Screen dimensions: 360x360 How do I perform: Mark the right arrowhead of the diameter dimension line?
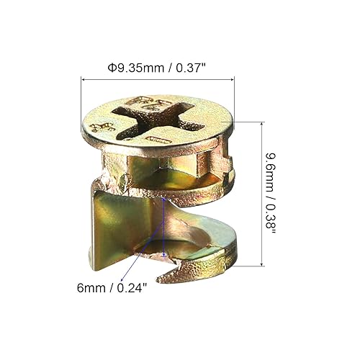231,81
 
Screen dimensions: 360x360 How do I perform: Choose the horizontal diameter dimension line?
158,81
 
